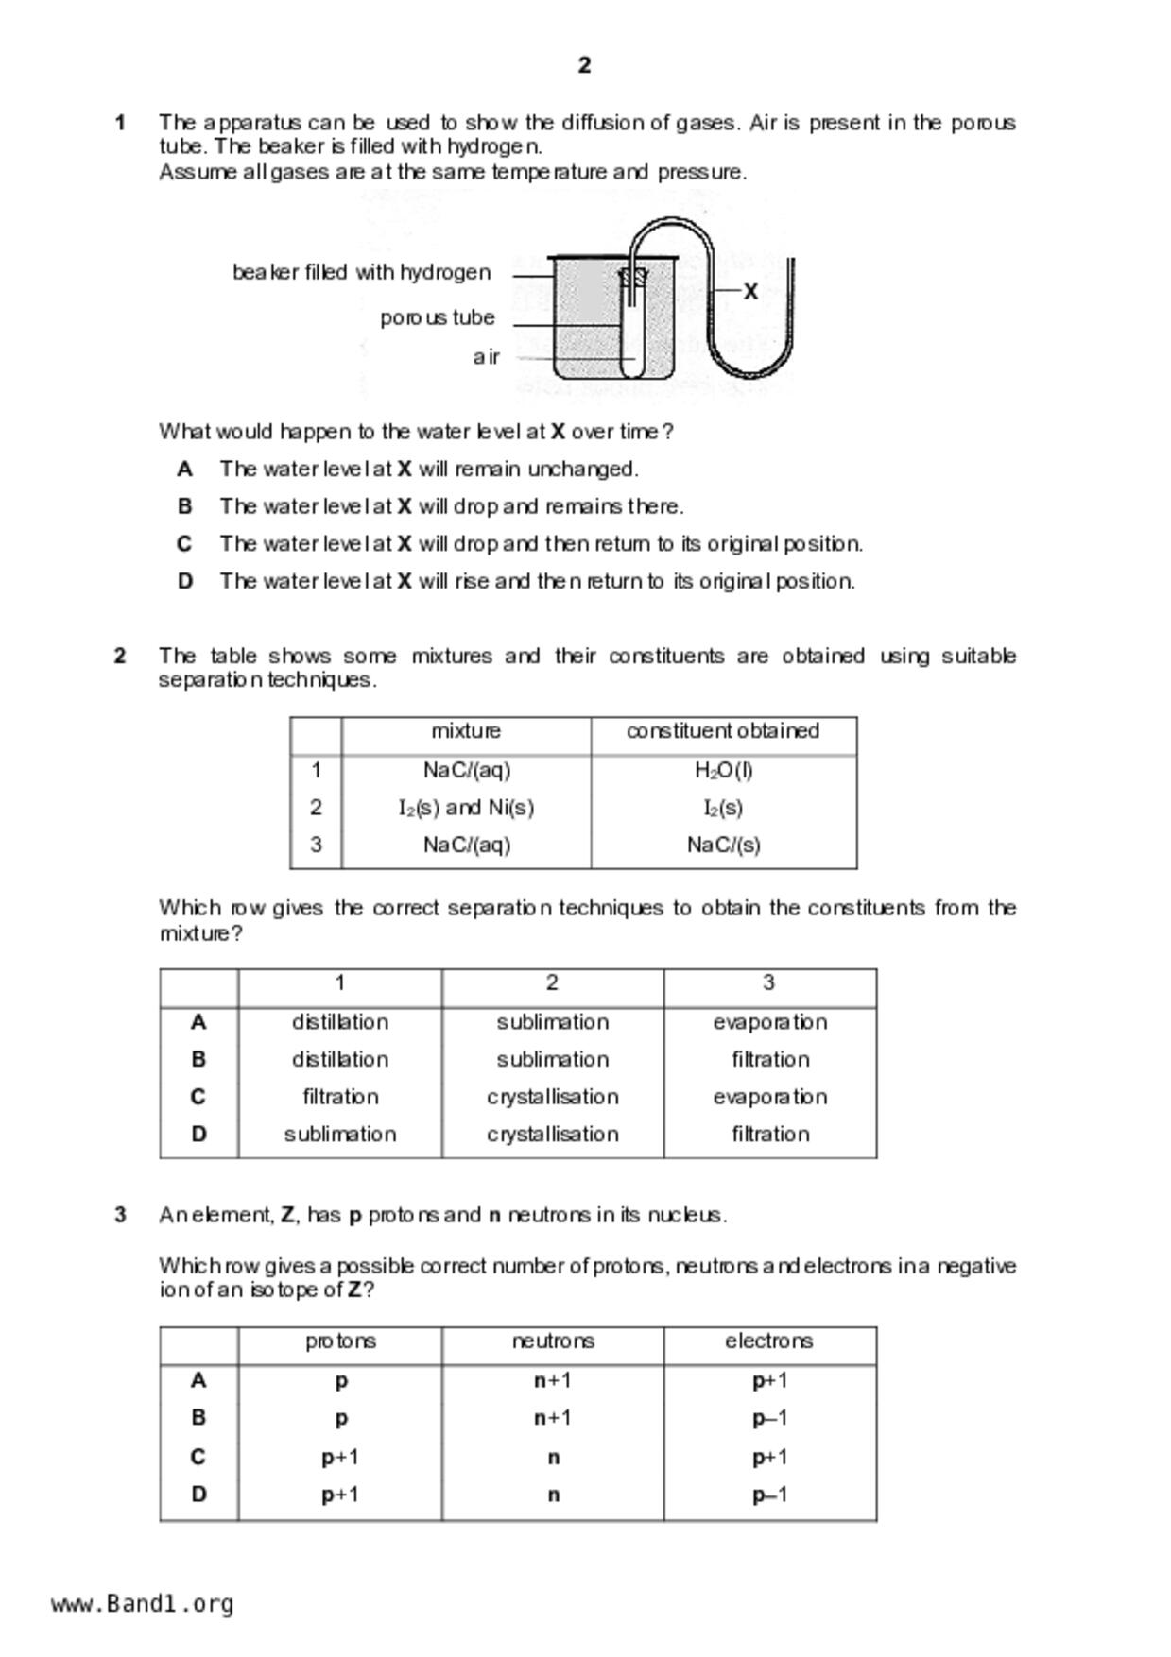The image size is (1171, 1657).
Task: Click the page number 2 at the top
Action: tap(584, 65)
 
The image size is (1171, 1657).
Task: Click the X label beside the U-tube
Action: tap(750, 292)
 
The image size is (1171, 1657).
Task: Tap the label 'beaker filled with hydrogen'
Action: tap(362, 273)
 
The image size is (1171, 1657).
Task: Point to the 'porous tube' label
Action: tap(438, 318)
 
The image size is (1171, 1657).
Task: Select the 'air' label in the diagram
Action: tap(486, 357)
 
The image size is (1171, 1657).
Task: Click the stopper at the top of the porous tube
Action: tap(633, 277)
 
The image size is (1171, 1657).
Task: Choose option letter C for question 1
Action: tap(184, 544)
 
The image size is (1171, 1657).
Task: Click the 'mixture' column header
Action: tap(466, 731)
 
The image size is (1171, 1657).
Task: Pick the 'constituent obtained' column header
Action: tap(723, 731)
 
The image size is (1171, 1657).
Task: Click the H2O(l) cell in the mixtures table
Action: tap(723, 771)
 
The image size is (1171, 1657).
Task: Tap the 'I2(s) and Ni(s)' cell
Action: tap(466, 808)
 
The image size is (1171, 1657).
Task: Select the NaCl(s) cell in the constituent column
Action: tap(723, 845)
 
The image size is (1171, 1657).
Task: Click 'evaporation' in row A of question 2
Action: tap(769, 1022)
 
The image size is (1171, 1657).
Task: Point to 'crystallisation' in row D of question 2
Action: tap(552, 1134)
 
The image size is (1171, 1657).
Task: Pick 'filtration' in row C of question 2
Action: tap(340, 1097)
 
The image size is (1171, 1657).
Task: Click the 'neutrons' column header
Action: tap(553, 1341)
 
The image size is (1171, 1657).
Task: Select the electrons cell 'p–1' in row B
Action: tap(769, 1418)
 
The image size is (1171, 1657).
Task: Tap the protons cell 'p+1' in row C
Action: tap(340, 1457)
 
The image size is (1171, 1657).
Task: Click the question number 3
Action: tap(120, 1215)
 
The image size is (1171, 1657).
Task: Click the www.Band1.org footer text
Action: tap(142, 1604)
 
